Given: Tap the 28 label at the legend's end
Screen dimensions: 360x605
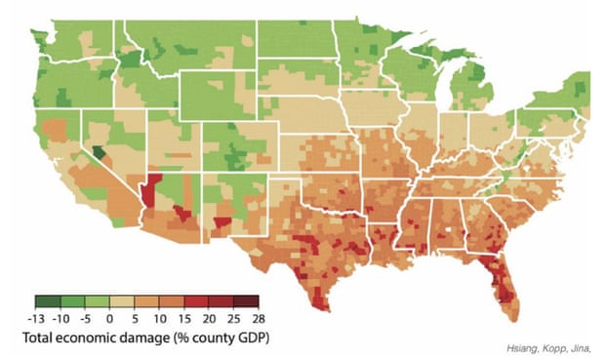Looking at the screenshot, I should [x=258, y=318].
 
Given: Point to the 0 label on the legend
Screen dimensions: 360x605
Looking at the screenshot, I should [x=109, y=318].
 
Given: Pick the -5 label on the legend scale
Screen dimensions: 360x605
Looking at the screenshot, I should [x=85, y=318].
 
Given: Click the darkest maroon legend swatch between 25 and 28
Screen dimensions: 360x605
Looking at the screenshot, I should [x=245, y=301].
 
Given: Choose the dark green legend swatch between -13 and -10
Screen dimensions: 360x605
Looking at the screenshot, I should [x=48, y=301].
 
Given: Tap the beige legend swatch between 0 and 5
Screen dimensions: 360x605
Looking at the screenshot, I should [x=121, y=301].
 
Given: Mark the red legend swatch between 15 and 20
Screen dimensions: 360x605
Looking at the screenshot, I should [x=195, y=301].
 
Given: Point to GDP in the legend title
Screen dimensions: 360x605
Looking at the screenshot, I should [x=250, y=338].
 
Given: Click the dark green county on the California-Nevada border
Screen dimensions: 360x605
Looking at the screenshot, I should [x=99, y=153].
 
